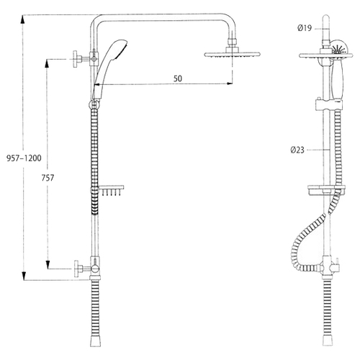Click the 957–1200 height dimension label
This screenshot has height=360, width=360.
[x=24, y=158]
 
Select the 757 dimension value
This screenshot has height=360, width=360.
[x=48, y=178]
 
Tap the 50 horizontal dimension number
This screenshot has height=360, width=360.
[x=178, y=78]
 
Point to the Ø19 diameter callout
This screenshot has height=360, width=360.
[x=305, y=28]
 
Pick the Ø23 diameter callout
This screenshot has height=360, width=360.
[x=297, y=150]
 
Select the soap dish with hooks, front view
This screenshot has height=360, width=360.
[x=111, y=191]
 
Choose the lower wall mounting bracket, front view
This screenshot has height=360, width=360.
[x=85, y=269]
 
